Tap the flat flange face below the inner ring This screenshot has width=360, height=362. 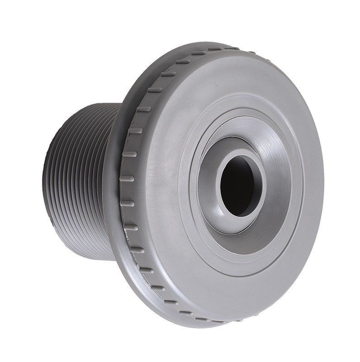click(x=226, y=290)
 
